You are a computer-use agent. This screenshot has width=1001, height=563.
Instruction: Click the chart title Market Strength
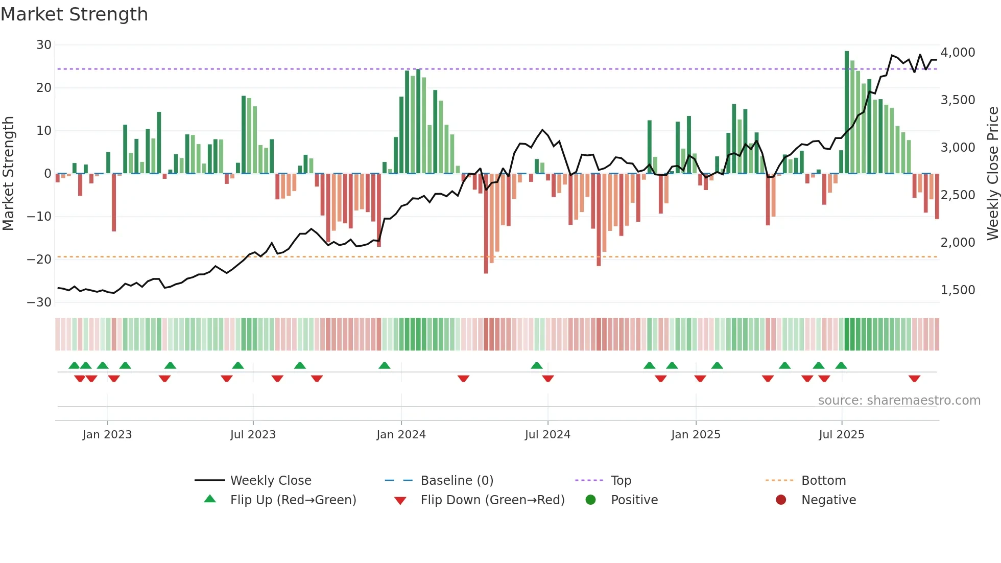click(74, 14)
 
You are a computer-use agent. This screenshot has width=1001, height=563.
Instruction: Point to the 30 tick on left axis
click(44, 45)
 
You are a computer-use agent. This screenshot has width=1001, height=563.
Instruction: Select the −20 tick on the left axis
click(39, 259)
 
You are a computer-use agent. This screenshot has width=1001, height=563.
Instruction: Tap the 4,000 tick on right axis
click(958, 53)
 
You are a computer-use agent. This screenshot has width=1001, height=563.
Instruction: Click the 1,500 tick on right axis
click(958, 290)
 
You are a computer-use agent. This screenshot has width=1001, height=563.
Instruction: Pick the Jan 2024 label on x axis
click(401, 435)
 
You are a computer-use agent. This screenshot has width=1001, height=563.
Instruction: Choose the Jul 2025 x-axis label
click(841, 435)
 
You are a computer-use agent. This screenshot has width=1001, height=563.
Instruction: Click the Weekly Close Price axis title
click(992, 173)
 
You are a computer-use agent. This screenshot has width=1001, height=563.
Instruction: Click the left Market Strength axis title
click(8, 173)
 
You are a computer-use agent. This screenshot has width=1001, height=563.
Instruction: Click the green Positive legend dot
click(591, 500)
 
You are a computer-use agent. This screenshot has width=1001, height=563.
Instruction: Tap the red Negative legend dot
click(781, 500)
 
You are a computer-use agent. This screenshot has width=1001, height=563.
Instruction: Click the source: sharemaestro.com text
click(899, 401)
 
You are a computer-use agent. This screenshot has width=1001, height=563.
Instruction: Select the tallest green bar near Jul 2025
click(847, 112)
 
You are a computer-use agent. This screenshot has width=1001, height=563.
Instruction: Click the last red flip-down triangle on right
click(914, 379)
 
